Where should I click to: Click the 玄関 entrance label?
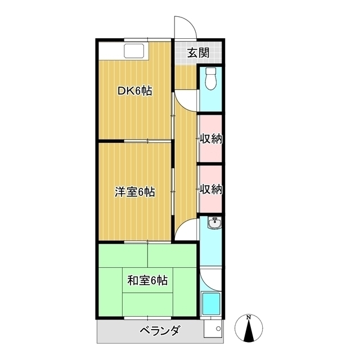[x=198, y=53]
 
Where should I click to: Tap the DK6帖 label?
[x=135, y=91]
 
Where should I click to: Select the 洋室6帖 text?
[x=135, y=192]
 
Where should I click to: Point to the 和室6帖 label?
[x=147, y=280]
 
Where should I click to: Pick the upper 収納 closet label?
[x=211, y=138]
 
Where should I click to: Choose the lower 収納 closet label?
[x=211, y=189]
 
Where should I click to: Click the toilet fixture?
[x=211, y=79]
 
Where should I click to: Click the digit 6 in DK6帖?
[x=139, y=91]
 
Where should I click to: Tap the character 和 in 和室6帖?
[x=132, y=280]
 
